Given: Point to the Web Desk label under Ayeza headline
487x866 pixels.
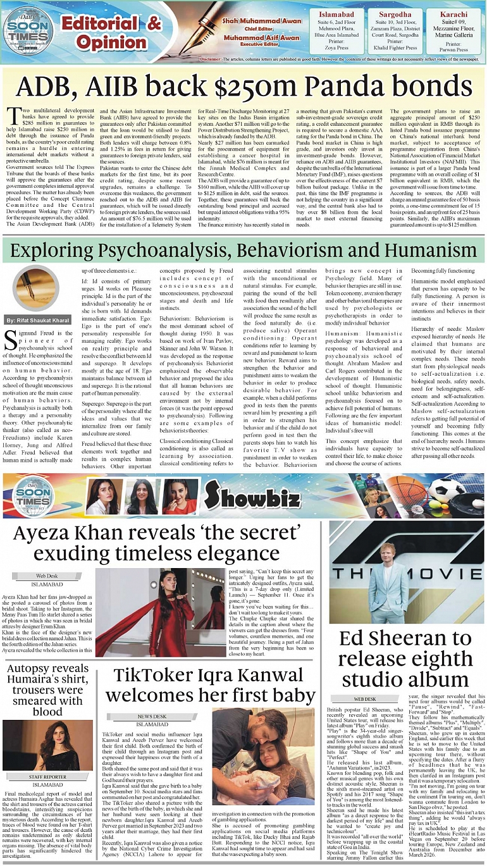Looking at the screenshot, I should (x=47, y=576).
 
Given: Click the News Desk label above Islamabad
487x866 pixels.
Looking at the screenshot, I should (x=152, y=716).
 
